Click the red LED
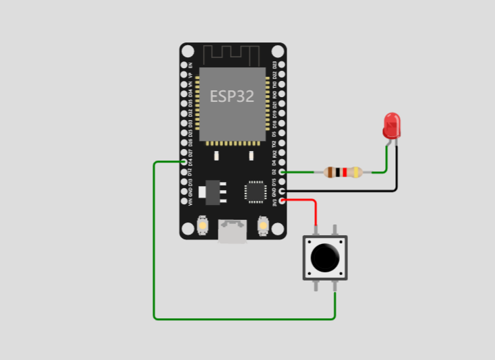tap(391, 125)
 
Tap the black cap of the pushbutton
tap(324, 257)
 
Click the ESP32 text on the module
tap(232, 96)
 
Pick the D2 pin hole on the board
tap(281, 172)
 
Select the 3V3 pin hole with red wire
tap(281, 201)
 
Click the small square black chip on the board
tap(256, 191)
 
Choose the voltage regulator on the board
tap(214, 191)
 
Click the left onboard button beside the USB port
tap(202, 225)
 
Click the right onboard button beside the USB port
tap(263, 225)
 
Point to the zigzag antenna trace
tap(232, 54)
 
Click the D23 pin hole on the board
tap(281, 65)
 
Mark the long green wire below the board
tap(243, 318)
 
